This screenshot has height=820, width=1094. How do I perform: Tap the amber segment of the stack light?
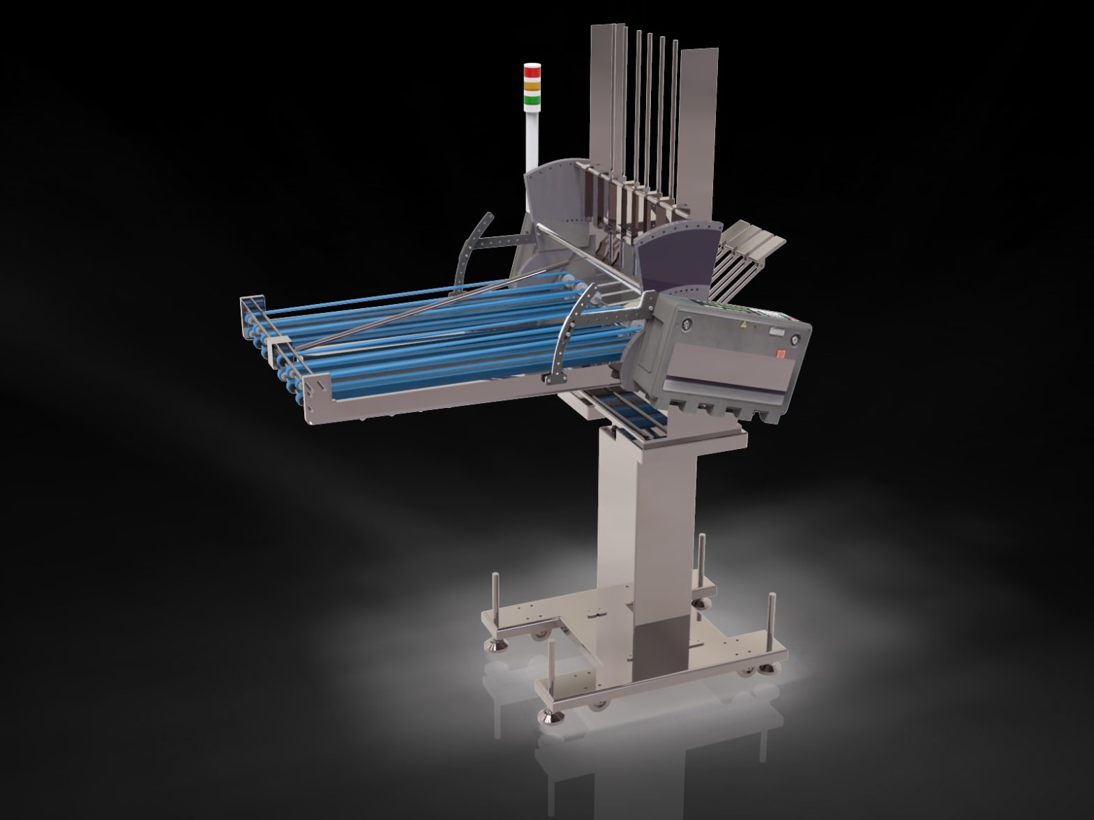[x=532, y=85]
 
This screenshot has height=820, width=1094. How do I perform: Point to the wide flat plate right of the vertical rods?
[x=698, y=126]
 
